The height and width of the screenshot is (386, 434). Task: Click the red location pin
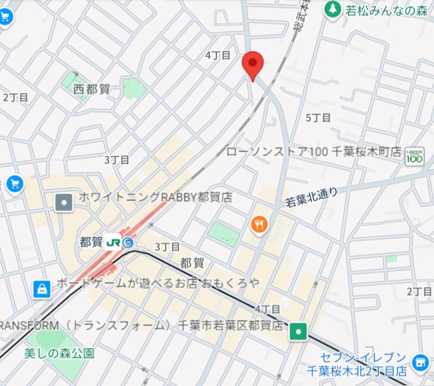pos(253,65)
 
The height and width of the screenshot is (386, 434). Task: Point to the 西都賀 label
pos(92,89)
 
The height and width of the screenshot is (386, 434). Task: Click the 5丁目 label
pos(318,118)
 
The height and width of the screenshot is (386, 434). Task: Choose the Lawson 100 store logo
pos(414,157)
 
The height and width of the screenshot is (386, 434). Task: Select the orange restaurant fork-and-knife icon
pos(259,225)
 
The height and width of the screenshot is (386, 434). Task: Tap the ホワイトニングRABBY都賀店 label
pos(155,198)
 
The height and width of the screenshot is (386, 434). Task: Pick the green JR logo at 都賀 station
pos(114,243)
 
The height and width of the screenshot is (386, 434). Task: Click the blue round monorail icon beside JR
pos(129,243)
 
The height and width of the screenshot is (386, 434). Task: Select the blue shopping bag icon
pos(42,289)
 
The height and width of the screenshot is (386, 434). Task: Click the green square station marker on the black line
pos(297,333)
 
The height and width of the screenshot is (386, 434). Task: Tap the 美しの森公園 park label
pos(59,353)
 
